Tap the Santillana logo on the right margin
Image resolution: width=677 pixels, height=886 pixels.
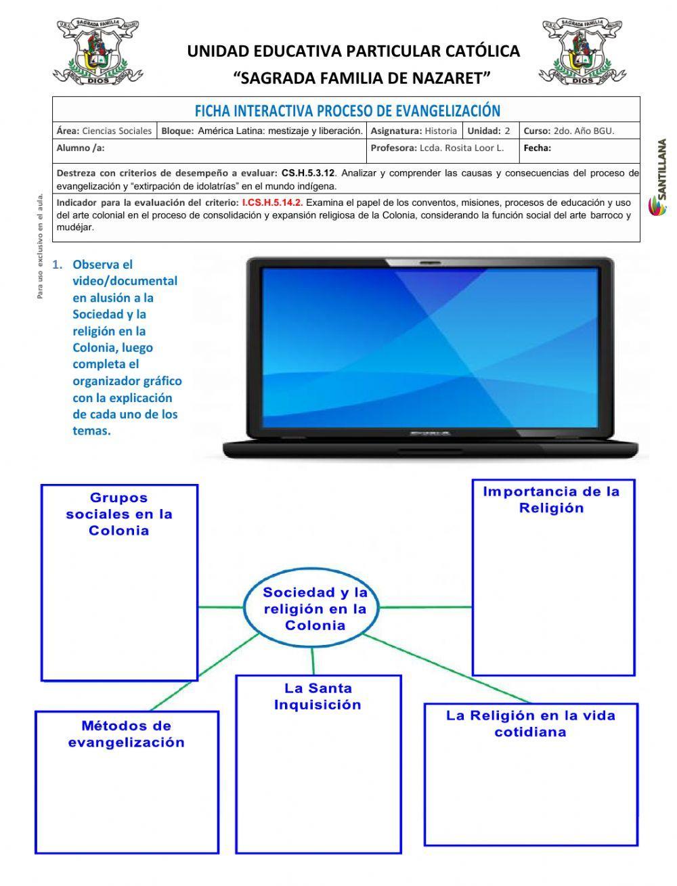661,177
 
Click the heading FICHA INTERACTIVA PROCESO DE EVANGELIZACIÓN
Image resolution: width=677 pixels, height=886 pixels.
347,110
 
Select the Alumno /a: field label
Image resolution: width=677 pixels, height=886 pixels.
81,148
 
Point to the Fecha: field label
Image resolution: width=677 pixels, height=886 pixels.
538,148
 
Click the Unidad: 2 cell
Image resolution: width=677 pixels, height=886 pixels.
489,131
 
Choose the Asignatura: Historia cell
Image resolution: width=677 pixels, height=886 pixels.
414,131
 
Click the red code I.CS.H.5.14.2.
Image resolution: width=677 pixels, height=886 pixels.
272,202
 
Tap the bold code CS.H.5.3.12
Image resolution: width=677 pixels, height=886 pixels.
308,173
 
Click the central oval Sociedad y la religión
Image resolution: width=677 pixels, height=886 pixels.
315,608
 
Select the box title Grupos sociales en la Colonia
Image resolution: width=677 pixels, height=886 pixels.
119,514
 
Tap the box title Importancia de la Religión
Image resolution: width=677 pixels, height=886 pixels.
551,500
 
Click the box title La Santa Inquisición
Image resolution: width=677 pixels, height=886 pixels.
318,696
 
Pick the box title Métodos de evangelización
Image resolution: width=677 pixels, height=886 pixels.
127,734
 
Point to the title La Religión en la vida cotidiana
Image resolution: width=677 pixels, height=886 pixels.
530,724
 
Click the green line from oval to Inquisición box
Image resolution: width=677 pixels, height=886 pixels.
313,659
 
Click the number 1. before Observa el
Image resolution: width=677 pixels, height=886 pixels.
58,264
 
